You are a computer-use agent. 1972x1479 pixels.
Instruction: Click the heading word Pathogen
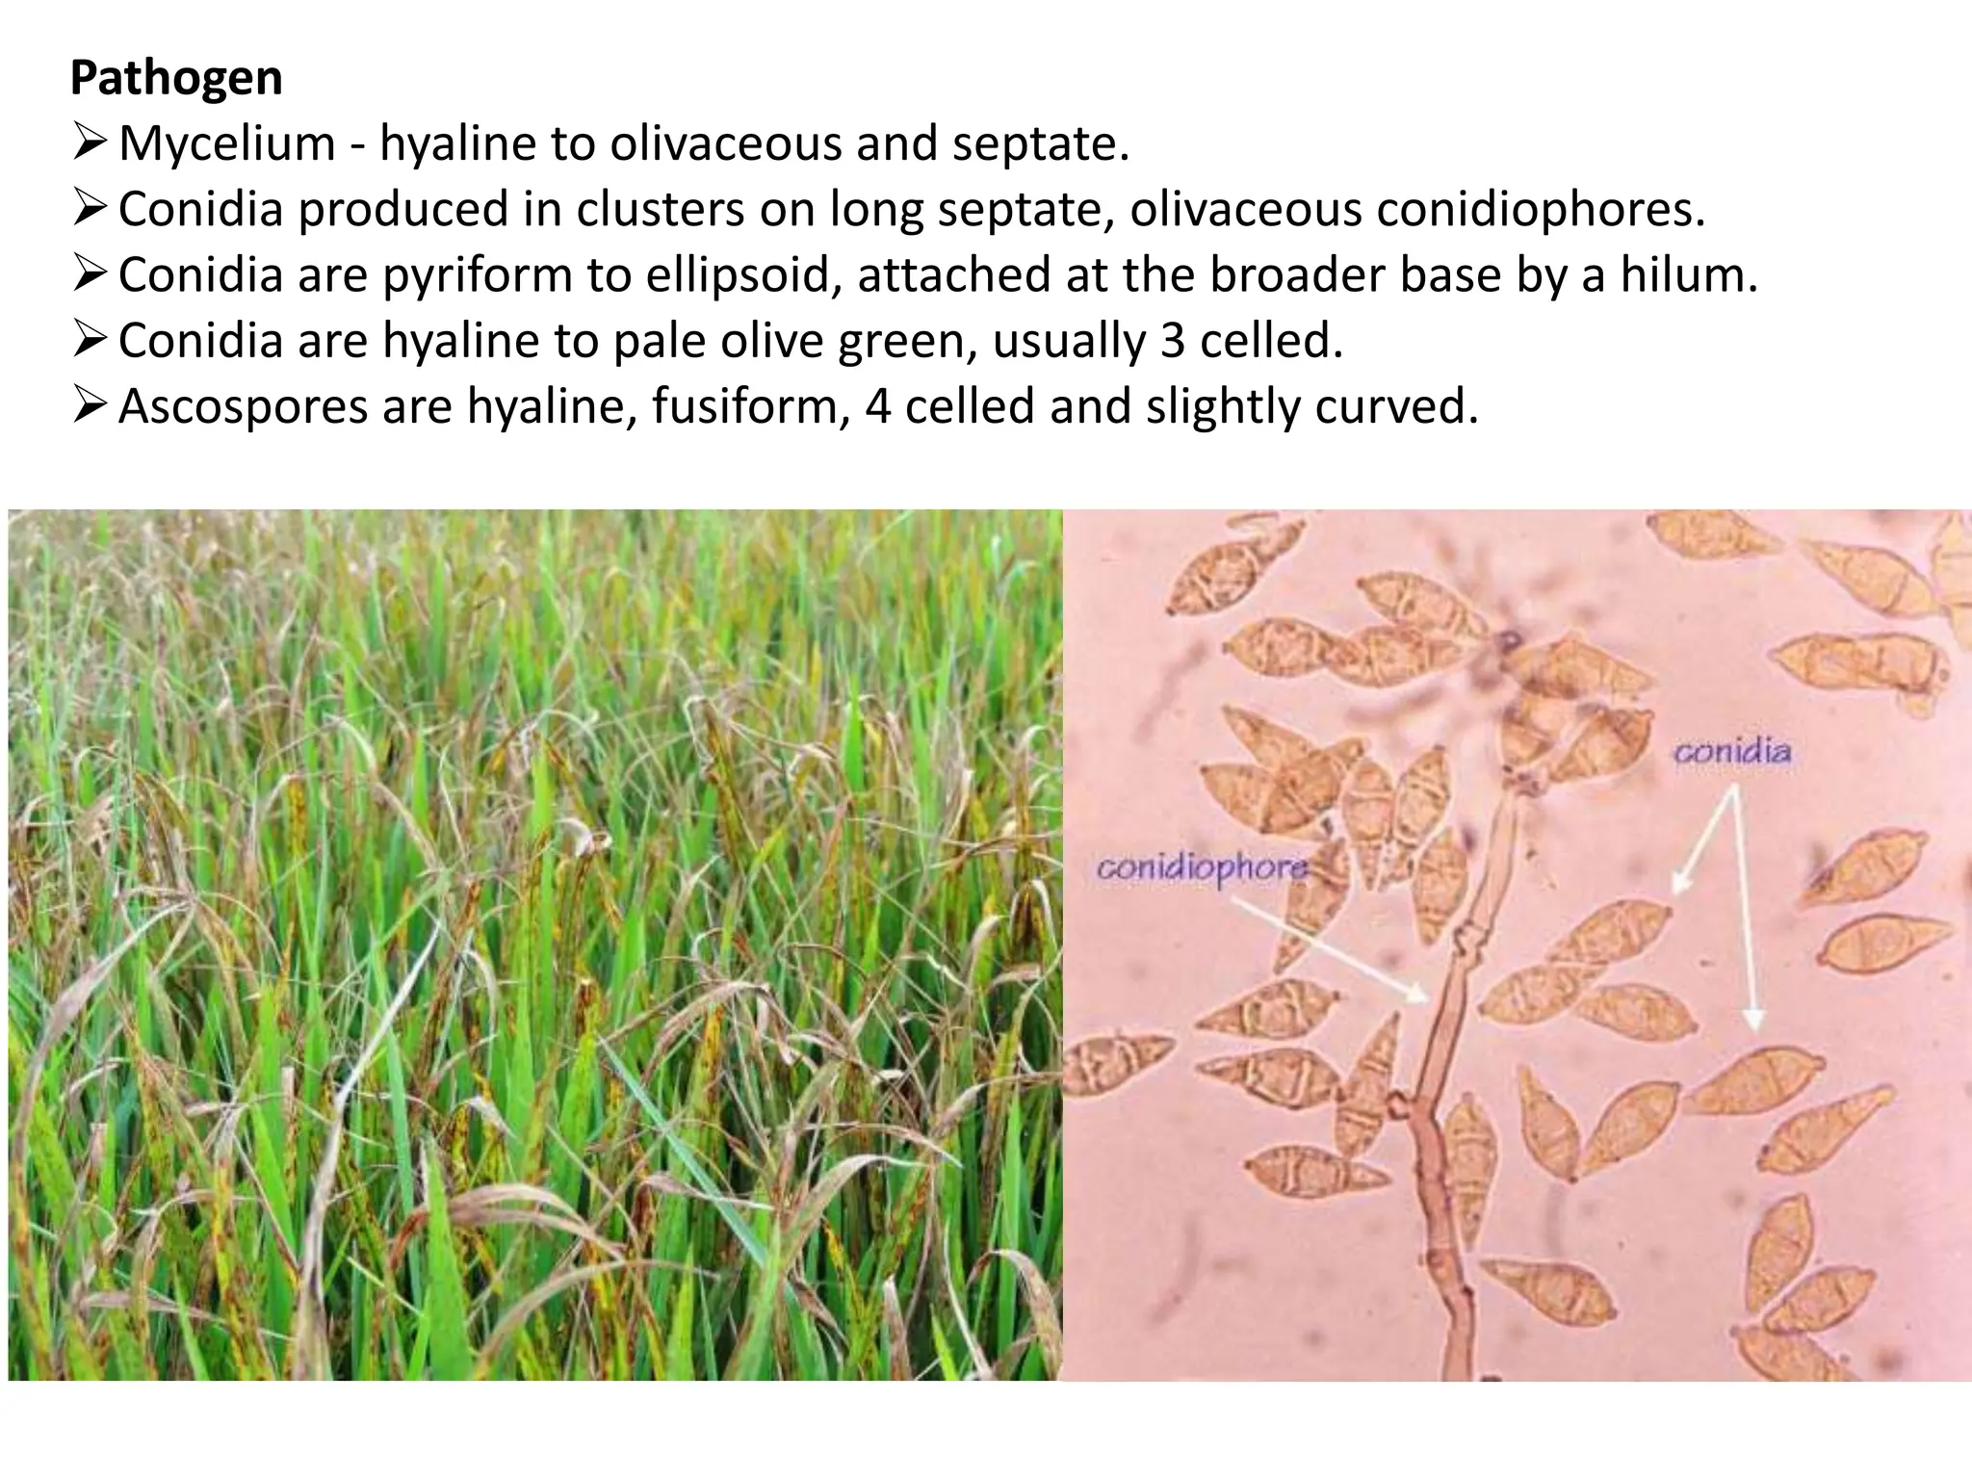[176, 78]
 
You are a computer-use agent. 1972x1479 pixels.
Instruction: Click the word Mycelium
[227, 144]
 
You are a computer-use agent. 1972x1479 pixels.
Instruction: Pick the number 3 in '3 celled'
[1172, 341]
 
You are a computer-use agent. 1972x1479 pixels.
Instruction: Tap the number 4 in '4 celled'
[877, 407]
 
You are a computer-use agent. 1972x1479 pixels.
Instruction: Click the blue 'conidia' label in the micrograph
[1732, 752]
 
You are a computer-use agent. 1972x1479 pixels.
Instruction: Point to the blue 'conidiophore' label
[1202, 869]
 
